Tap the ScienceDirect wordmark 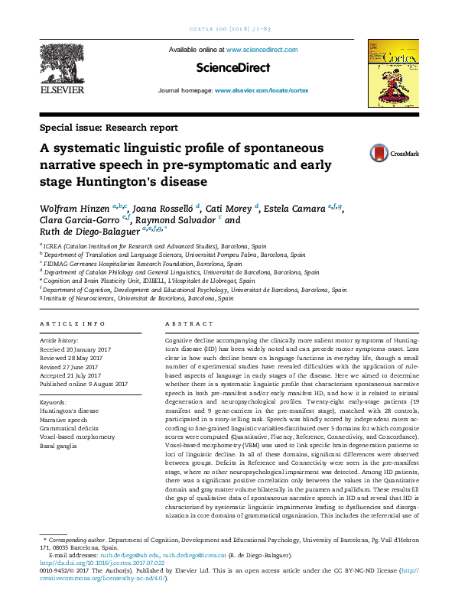tap(233, 68)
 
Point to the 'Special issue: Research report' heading tap(109, 128)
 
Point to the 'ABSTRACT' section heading tap(186, 324)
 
